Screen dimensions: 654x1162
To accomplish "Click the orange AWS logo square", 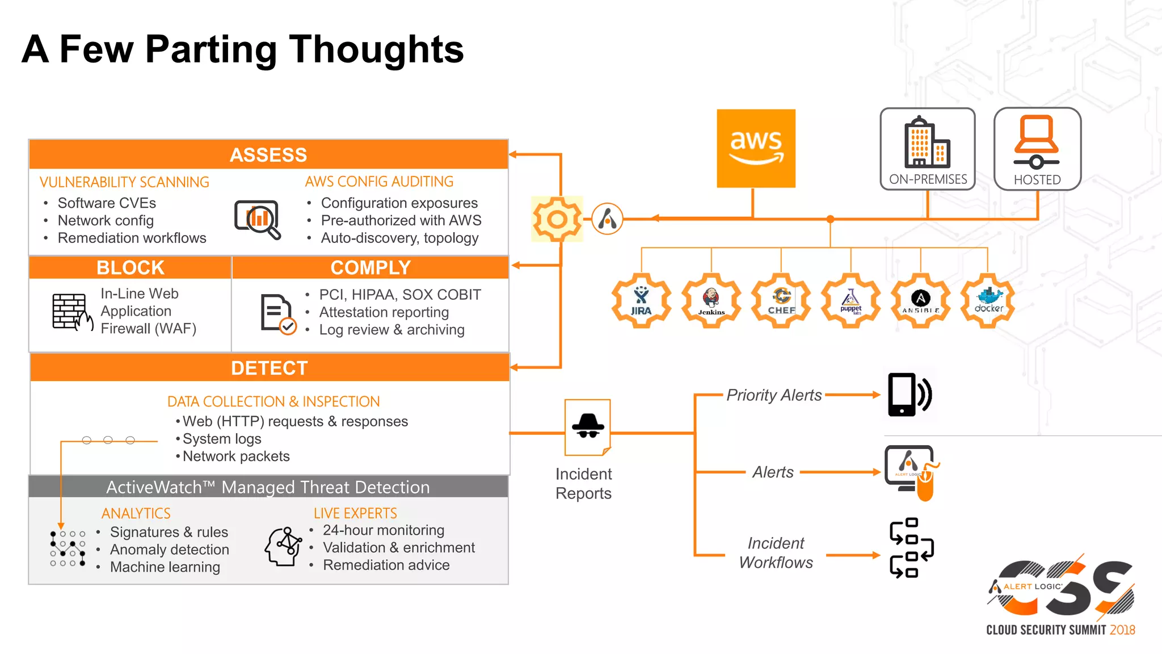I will click(x=756, y=148).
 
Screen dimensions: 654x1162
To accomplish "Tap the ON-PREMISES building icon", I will click(x=927, y=142).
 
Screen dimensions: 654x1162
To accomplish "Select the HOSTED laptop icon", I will click(x=1037, y=142).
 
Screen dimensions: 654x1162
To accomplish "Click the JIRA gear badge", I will click(x=641, y=301).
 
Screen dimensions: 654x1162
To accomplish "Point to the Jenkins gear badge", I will click(x=711, y=301).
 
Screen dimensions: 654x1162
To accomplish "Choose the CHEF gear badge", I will click(x=781, y=301).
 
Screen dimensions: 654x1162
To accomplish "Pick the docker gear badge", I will click(x=988, y=301).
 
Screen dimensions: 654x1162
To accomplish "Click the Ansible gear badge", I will click(x=920, y=301).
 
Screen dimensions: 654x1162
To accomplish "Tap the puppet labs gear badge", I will click(x=851, y=301).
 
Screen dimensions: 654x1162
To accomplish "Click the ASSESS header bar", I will click(x=268, y=154).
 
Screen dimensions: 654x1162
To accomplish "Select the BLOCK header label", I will click(x=130, y=267).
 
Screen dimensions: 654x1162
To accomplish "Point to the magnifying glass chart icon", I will click(x=258, y=219).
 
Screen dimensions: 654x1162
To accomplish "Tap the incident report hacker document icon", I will click(x=588, y=427).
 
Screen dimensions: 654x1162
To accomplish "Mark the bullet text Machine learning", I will click(x=165, y=567).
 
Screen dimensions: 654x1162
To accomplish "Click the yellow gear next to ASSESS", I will click(x=557, y=219).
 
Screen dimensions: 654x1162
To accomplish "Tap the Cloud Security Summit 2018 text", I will click(x=1060, y=630).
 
